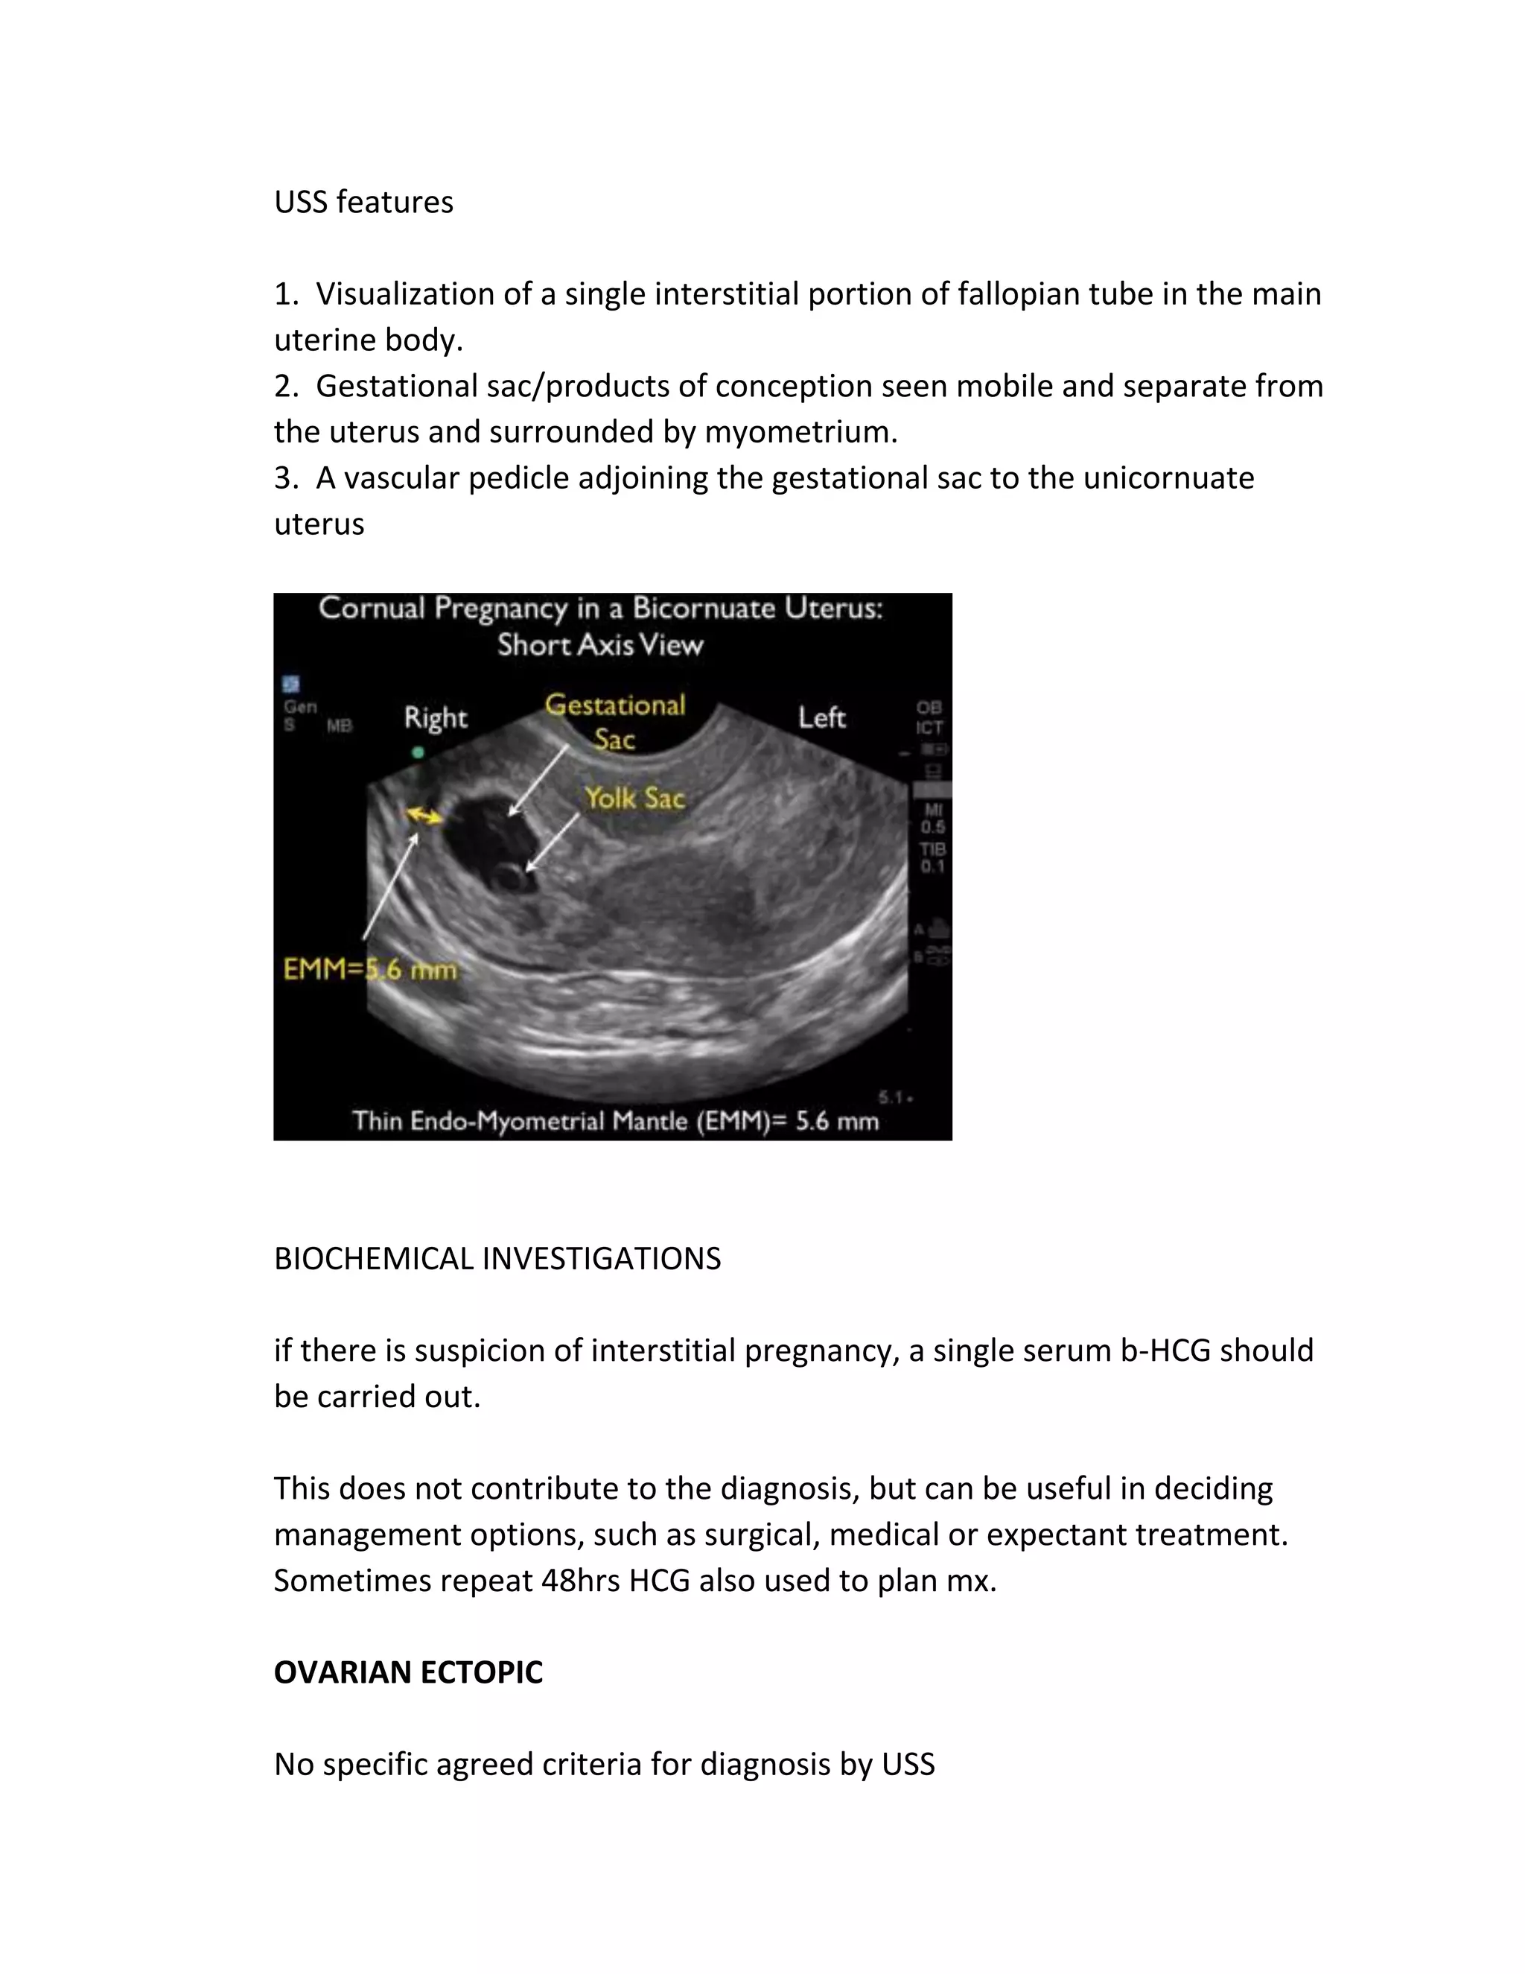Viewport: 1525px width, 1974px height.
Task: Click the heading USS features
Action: (363, 202)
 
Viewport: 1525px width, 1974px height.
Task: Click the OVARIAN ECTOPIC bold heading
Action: (407, 1672)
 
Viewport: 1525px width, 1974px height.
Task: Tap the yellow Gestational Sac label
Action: (615, 721)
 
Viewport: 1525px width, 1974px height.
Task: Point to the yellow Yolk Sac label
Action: (634, 798)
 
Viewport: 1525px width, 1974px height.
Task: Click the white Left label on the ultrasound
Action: (821, 717)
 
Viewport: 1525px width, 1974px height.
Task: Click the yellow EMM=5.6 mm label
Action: (370, 970)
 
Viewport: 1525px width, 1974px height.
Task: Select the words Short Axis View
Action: (600, 644)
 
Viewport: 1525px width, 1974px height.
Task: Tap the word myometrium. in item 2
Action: (800, 432)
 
